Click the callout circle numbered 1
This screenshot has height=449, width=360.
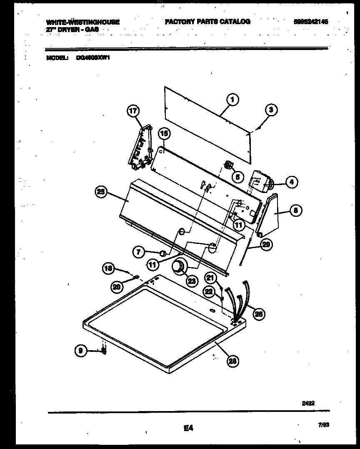click(x=232, y=99)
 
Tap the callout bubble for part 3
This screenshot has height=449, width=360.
click(x=271, y=110)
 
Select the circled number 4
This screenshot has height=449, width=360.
click(x=291, y=182)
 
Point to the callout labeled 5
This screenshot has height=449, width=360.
click(x=237, y=177)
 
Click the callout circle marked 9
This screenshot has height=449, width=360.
click(x=82, y=351)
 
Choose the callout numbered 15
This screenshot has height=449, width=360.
click(x=164, y=134)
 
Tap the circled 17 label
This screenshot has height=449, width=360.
click(x=132, y=111)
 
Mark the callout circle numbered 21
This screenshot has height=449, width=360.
click(x=210, y=278)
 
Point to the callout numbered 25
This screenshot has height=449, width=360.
click(x=101, y=192)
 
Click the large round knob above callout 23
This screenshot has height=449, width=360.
click(x=180, y=267)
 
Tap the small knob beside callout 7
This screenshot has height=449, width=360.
click(x=163, y=253)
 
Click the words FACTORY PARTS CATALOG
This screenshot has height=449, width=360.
click(x=207, y=22)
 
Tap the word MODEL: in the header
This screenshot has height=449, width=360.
click(x=57, y=59)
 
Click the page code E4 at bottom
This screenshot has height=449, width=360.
click(x=188, y=428)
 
